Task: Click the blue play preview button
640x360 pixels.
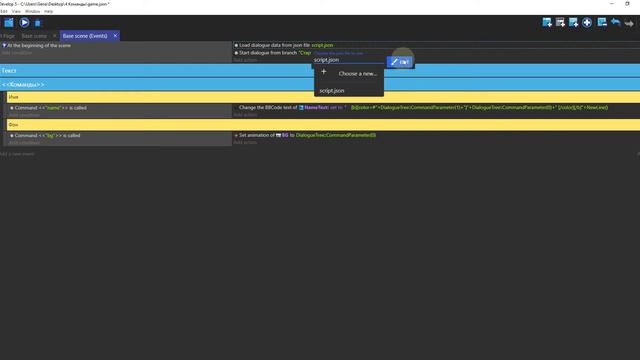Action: [x=24, y=21]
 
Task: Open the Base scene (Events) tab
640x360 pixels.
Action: [x=85, y=36]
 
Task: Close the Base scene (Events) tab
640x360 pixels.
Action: [x=116, y=36]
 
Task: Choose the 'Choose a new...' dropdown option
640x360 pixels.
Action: [x=357, y=73]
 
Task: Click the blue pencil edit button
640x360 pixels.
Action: [x=396, y=61]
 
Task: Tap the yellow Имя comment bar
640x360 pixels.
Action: [x=14, y=97]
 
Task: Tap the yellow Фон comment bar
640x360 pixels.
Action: [x=14, y=124]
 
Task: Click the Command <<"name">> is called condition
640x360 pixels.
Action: [x=50, y=107]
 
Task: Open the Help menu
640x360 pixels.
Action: [x=49, y=11]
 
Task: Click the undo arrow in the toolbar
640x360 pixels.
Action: [x=615, y=21]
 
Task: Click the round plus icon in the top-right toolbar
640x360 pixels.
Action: [x=587, y=21]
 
